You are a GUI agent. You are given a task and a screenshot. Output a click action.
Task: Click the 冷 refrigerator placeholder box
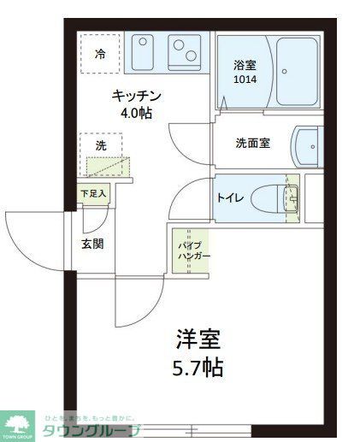100,55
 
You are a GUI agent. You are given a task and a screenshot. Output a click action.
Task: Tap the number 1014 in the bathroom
244,80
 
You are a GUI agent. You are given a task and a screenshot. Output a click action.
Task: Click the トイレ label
229,198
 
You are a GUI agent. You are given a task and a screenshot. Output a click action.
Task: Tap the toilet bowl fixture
279,199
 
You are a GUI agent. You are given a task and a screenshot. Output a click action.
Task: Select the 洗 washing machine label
100,145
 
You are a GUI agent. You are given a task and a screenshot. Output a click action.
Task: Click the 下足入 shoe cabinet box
93,194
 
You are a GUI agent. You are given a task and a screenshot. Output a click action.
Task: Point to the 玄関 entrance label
92,243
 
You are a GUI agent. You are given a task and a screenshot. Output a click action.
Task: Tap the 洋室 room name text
199,339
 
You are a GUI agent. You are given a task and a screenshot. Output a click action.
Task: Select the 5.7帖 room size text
199,368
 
